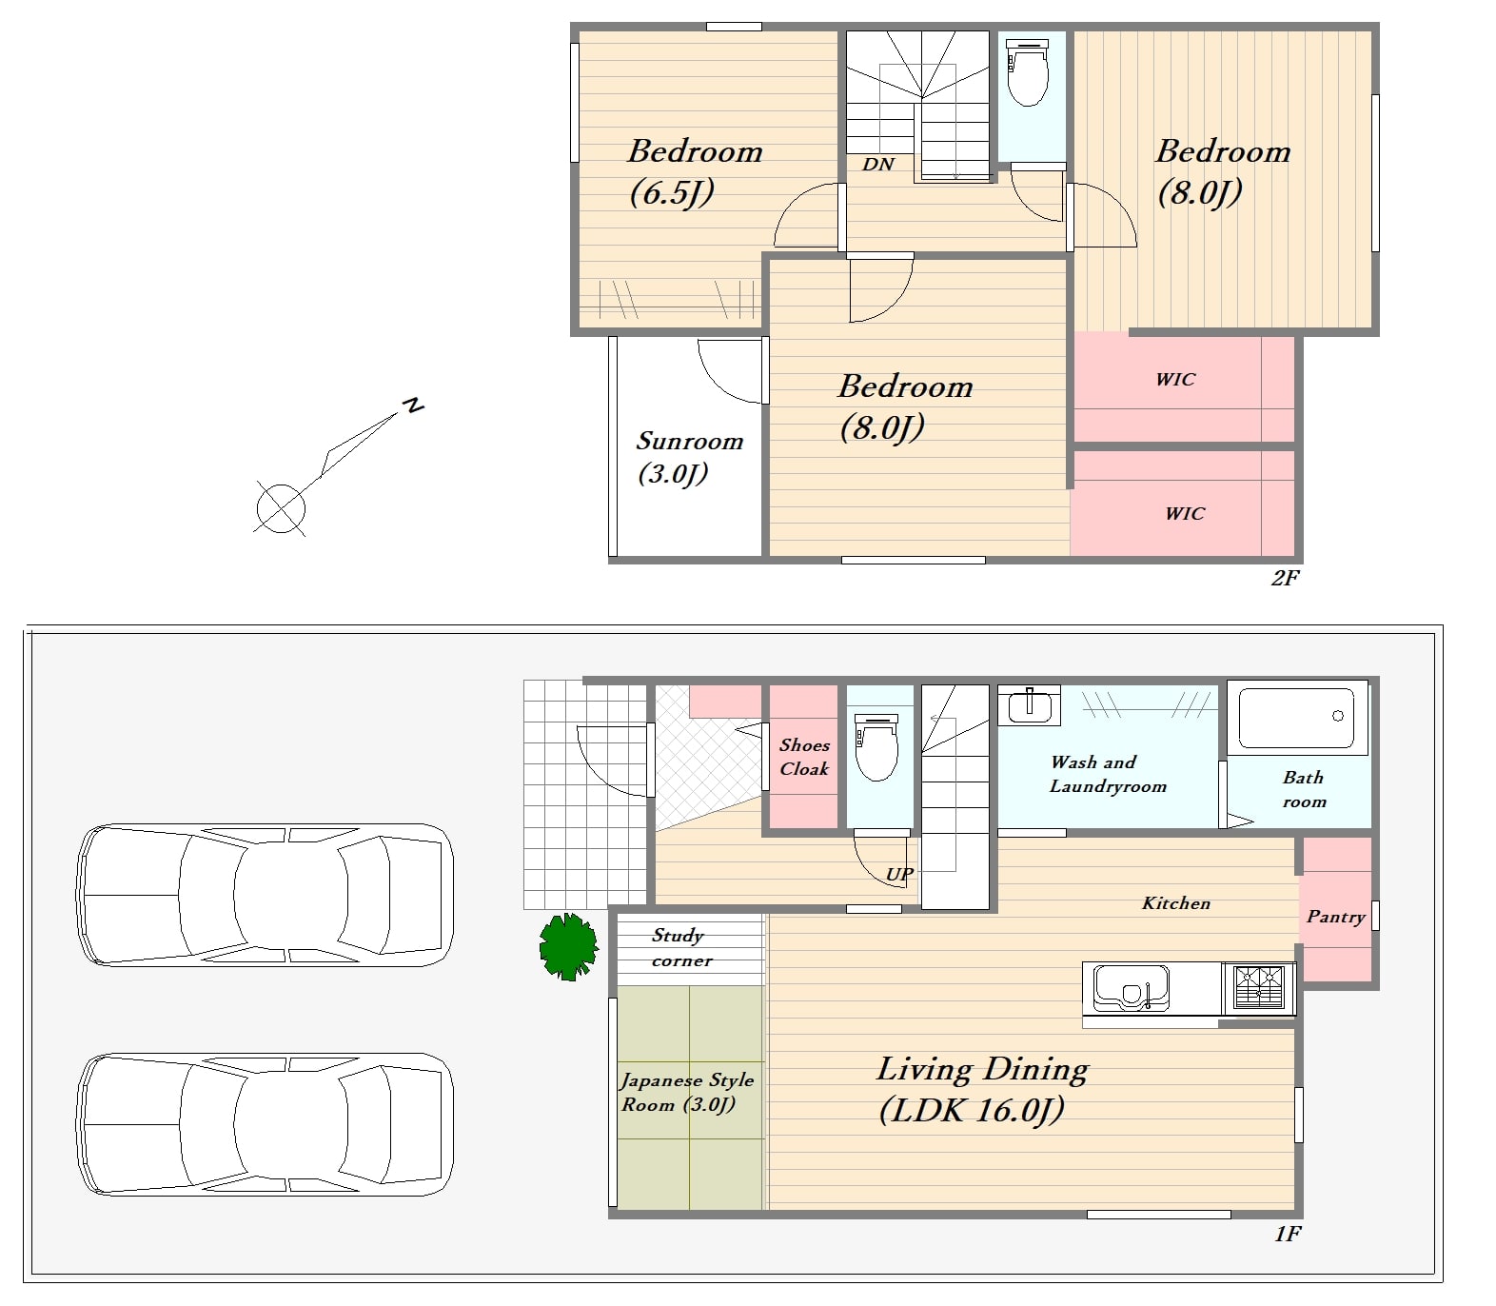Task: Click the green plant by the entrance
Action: pyautogui.click(x=568, y=946)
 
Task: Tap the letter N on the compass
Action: pyautogui.click(x=412, y=406)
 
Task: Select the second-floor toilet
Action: pyautogui.click(x=1027, y=72)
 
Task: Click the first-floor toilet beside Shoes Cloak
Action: pyautogui.click(x=876, y=747)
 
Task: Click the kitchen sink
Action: pyautogui.click(x=1131, y=987)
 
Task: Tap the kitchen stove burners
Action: pyautogui.click(x=1258, y=987)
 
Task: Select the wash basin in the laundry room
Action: pyautogui.click(x=1029, y=705)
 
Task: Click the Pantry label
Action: pyautogui.click(x=1336, y=917)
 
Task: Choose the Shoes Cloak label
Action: pyautogui.click(x=804, y=757)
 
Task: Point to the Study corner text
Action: pyautogui.click(x=680, y=948)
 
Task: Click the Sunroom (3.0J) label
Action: pyautogui.click(x=689, y=457)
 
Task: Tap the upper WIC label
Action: pyautogui.click(x=1175, y=379)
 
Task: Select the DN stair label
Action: pyautogui.click(x=878, y=165)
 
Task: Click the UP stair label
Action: pyautogui.click(x=899, y=874)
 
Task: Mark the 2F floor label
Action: pyautogui.click(x=1285, y=577)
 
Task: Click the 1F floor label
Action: pyautogui.click(x=1287, y=1234)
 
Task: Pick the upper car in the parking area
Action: pyautogui.click(x=265, y=896)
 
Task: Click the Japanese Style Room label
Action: pyautogui.click(x=687, y=1092)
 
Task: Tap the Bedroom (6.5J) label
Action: pyautogui.click(x=695, y=171)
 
